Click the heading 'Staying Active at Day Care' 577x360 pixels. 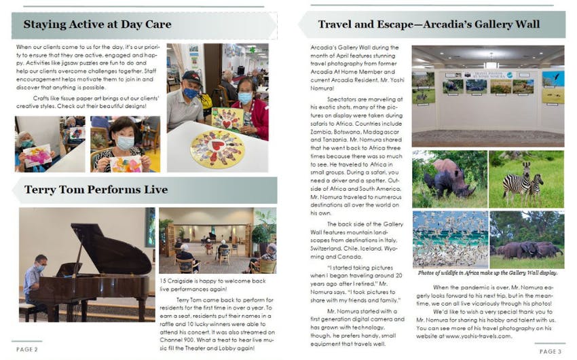(x=97, y=25)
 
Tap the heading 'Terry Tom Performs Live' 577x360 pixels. (x=96, y=190)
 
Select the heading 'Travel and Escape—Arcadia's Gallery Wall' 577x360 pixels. (x=429, y=25)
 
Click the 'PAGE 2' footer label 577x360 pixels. (x=27, y=349)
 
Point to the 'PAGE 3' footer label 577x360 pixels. (x=550, y=351)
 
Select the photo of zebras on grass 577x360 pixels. (x=526, y=179)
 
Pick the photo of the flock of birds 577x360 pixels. (x=449, y=238)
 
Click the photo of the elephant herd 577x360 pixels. (x=526, y=239)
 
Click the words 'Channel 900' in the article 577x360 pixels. (x=179, y=333)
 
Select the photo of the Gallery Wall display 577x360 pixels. (x=487, y=96)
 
